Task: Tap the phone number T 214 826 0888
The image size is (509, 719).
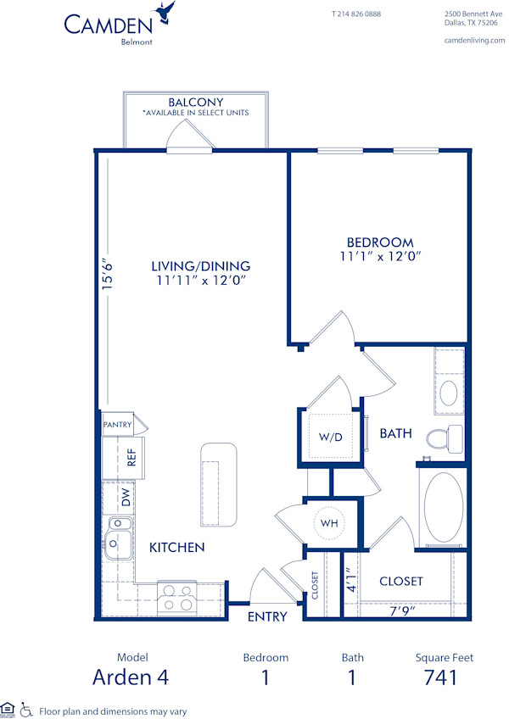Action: [355, 14]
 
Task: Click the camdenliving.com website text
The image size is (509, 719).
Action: [473, 41]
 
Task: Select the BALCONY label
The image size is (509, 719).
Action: [195, 102]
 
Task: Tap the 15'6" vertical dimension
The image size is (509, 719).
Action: [107, 275]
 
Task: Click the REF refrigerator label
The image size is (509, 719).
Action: [131, 459]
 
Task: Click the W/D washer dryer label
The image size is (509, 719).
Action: [330, 438]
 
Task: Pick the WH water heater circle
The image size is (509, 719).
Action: [330, 523]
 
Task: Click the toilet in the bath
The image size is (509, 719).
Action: [443, 438]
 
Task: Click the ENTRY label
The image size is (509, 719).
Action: [267, 616]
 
